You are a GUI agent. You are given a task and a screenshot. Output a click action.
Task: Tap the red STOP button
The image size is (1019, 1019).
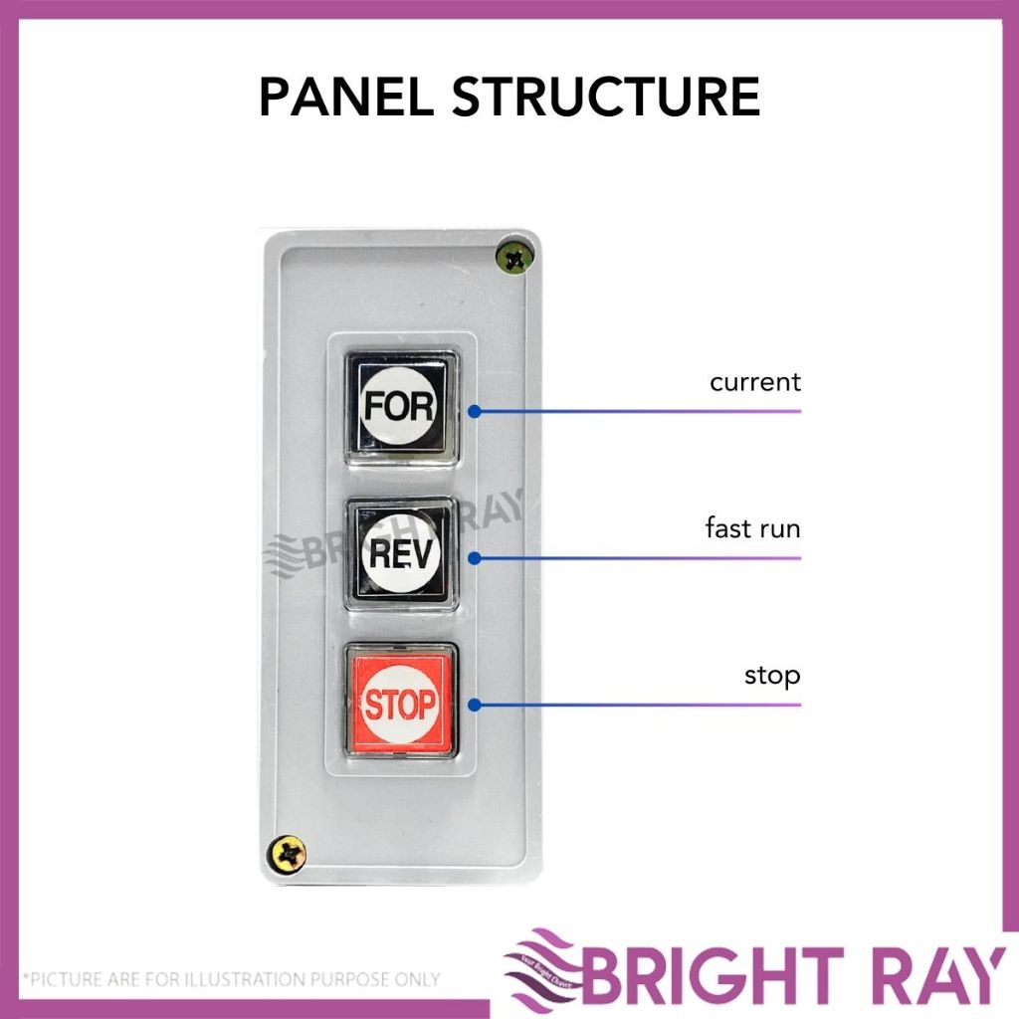pos(400,704)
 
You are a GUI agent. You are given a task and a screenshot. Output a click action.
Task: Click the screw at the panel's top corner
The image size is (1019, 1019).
pos(514,259)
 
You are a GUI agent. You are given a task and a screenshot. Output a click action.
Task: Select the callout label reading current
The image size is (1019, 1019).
pos(755,382)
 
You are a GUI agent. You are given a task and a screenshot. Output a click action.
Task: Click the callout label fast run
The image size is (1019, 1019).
pos(752,528)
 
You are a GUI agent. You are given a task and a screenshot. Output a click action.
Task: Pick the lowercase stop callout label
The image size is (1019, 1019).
pos(772,677)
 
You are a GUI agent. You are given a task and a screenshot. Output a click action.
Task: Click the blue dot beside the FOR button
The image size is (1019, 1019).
pos(475,410)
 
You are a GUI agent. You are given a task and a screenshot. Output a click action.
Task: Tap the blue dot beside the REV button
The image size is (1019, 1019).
pos(475,557)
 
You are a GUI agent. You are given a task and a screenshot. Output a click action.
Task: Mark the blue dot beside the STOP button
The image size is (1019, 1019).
pos(475,705)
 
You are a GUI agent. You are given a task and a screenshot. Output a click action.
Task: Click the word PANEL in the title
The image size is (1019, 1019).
pos(344,98)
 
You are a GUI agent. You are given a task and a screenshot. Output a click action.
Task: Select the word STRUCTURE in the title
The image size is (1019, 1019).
pos(606,98)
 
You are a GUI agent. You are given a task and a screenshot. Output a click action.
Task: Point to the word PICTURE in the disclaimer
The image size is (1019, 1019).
pos(69,979)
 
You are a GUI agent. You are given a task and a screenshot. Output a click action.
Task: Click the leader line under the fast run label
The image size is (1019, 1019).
pos(647,557)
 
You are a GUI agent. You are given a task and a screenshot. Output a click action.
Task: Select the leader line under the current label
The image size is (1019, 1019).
pos(647,410)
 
